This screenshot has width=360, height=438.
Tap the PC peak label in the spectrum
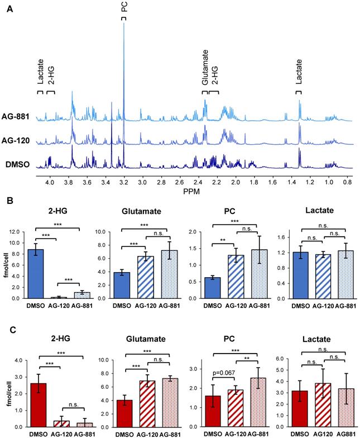coord(124,8)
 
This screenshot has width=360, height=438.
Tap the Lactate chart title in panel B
coord(310,211)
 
